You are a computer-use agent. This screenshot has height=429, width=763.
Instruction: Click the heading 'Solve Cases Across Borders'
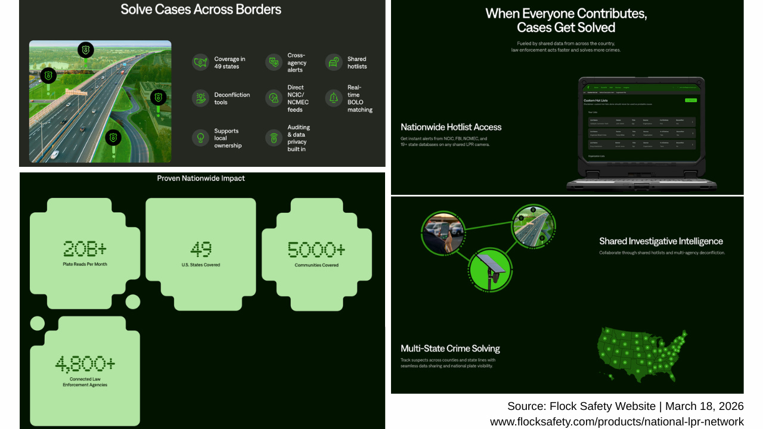coord(201,10)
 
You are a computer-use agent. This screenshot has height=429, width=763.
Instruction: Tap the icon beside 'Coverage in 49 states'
coord(200,62)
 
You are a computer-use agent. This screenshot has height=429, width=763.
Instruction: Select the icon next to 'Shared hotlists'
coord(333,62)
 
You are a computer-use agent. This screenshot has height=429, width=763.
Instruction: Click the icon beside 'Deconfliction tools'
coord(200,98)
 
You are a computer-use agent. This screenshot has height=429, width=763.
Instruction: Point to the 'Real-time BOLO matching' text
coord(359,98)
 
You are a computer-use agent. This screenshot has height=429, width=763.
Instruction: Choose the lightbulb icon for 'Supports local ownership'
coord(200,138)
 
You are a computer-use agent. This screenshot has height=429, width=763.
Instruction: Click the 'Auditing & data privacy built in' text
coord(299,138)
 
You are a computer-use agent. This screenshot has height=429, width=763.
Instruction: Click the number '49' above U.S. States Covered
coord(201,248)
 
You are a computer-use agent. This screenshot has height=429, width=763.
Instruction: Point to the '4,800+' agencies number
coord(85,363)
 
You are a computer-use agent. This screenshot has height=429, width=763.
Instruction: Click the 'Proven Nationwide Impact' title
coord(201,178)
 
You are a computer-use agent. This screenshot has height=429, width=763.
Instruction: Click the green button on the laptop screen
coord(690,100)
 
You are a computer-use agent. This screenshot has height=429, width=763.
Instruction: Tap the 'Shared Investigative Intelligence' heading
coord(661,241)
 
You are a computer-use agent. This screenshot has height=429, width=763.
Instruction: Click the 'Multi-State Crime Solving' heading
coord(450,349)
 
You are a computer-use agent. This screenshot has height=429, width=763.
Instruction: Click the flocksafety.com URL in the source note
coord(616,422)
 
